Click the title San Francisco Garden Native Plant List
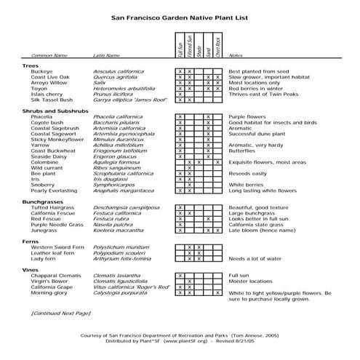[x=180, y=15]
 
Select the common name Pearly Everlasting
[x=55, y=191]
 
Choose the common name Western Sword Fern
[x=57, y=247]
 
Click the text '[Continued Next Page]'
[x=60, y=312]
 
